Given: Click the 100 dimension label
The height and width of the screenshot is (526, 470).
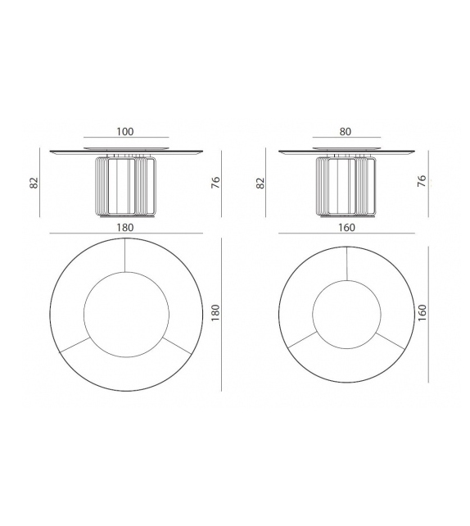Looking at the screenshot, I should (x=125, y=131).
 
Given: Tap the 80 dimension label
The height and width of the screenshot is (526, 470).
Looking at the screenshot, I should (x=346, y=131).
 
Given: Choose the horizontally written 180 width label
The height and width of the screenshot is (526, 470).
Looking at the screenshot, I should (x=125, y=227).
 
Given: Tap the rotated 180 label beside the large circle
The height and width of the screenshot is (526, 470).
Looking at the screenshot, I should (x=215, y=313).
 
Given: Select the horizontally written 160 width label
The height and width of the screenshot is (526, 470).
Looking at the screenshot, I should (x=346, y=227).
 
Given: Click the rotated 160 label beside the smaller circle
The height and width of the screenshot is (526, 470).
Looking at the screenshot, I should (x=422, y=313).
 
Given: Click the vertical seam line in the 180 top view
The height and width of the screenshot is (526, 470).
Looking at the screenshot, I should (x=126, y=255).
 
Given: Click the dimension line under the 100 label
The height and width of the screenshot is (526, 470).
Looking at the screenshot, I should (x=125, y=138).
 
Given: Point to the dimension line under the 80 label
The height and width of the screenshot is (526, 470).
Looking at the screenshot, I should (x=346, y=138).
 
